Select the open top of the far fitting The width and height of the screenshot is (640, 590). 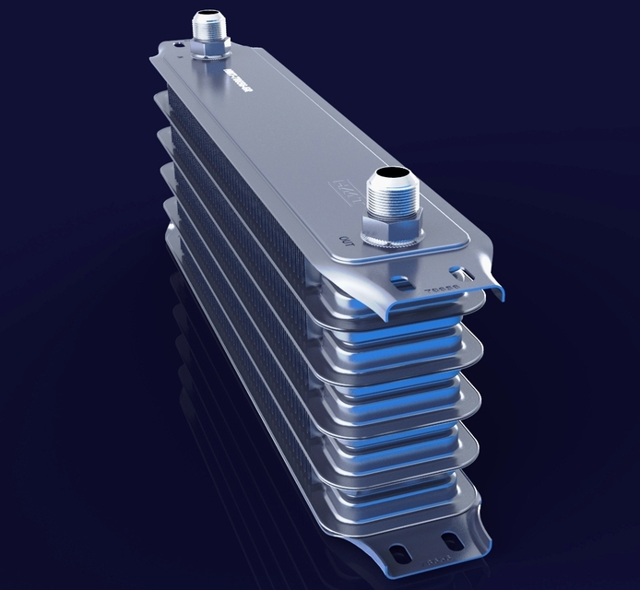[x=209, y=14]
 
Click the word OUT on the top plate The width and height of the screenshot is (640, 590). [x=347, y=242]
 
